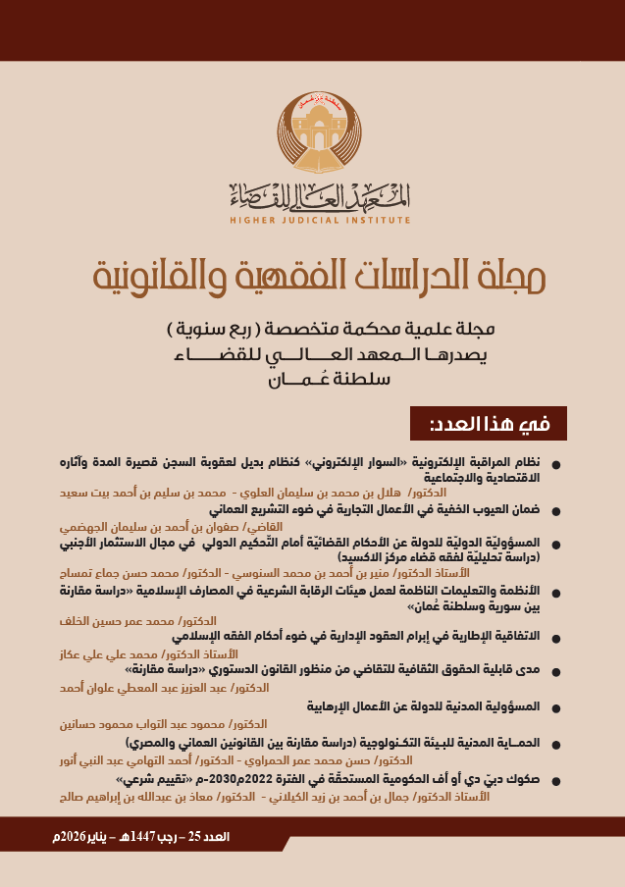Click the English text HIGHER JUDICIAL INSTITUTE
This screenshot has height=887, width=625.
(x=312, y=220)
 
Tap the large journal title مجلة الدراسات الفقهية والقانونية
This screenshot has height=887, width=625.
(x=312, y=278)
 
